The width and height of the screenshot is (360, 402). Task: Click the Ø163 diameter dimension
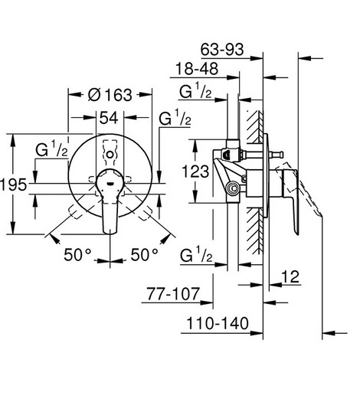click(110, 95)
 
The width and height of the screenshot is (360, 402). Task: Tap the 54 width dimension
click(109, 118)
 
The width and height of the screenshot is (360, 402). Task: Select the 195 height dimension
click(13, 185)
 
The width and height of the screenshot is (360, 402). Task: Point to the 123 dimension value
click(195, 171)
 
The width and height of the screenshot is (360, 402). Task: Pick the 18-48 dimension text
click(197, 68)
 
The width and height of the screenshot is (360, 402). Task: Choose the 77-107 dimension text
click(173, 294)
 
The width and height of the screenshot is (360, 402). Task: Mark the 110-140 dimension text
click(218, 323)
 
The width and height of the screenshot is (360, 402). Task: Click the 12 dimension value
click(290, 276)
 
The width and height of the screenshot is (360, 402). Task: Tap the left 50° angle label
click(77, 254)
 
